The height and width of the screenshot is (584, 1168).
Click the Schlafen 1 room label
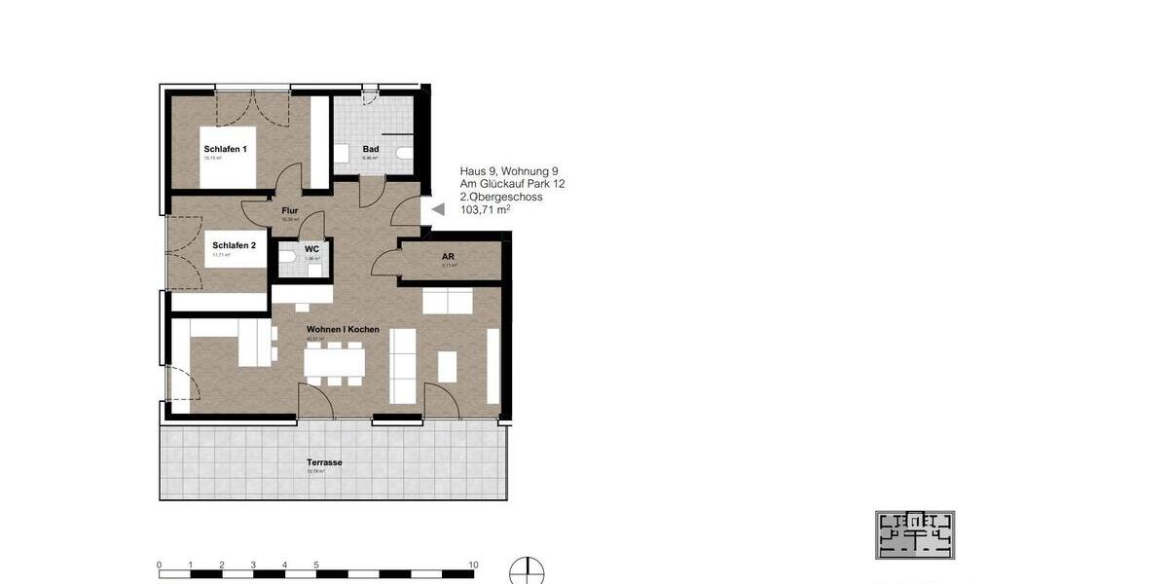point(225,149)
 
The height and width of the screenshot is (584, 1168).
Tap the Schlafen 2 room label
point(234,246)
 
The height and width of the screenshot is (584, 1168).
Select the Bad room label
point(371,149)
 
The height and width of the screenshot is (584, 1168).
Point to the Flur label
point(289,210)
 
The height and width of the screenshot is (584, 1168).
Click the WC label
point(311,249)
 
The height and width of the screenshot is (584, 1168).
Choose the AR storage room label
point(449,257)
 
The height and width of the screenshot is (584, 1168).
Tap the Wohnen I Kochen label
point(343,330)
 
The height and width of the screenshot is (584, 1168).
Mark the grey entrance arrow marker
point(437,208)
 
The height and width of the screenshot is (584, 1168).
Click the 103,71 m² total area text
point(486,209)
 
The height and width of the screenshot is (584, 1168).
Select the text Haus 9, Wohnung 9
point(509,170)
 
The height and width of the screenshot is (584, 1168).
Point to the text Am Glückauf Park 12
point(512,183)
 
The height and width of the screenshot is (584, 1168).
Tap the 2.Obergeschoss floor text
point(501,196)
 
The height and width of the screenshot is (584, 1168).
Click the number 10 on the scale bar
point(473,565)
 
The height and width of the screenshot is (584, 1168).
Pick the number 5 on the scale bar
point(316,565)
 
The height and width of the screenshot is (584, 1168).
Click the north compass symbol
point(527,571)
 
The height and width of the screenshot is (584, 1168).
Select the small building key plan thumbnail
point(914,534)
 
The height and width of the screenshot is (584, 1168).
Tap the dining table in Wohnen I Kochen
point(334,362)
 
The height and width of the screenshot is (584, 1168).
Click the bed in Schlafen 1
point(230,156)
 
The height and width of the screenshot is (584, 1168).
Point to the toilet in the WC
point(288,257)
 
